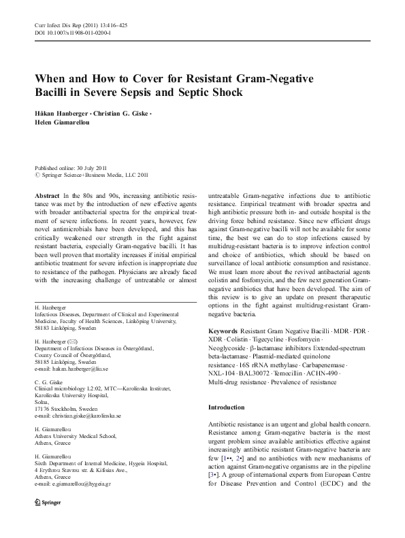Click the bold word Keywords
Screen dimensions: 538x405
[x=223, y=331]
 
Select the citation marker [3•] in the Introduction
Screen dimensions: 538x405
[x=214, y=468]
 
